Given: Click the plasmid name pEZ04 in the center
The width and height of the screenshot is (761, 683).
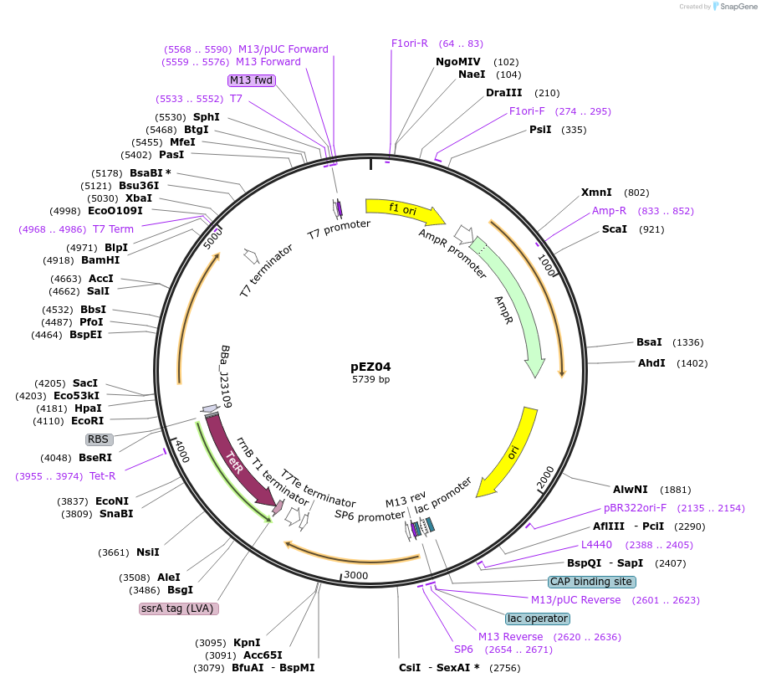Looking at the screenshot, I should click(370, 367).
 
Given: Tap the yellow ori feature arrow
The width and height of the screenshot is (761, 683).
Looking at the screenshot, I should click(510, 452).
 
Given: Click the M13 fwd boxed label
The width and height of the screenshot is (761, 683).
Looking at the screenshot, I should click(252, 80).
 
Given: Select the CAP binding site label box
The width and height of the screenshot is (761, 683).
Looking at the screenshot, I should click(592, 582).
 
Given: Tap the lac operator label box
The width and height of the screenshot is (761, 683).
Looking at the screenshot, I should click(538, 619).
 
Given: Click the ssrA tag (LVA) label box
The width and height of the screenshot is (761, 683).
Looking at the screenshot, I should click(179, 609).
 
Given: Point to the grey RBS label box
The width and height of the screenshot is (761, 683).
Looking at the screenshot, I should click(99, 439).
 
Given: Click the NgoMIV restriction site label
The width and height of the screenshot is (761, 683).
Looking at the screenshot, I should click(458, 62).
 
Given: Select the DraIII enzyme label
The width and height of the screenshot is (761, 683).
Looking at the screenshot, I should click(503, 93).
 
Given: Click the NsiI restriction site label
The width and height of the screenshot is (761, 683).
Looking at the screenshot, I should click(147, 552).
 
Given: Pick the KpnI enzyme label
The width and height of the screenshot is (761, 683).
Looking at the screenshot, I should click(247, 643).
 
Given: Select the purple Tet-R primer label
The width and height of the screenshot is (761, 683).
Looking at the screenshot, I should click(103, 476).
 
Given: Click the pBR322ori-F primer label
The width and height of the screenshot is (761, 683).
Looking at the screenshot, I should click(636, 508).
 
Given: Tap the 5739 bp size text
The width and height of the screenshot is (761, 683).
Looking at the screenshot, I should click(370, 380).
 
